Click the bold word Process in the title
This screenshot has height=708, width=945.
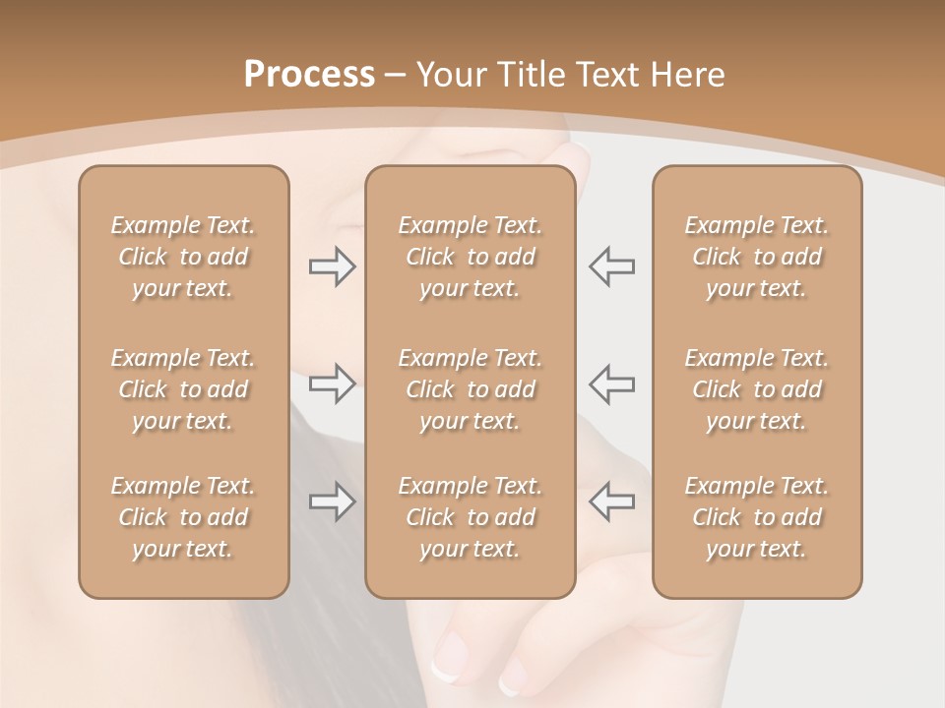click(x=309, y=75)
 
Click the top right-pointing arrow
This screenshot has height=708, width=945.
click(x=332, y=266)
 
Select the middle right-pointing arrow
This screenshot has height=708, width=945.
click(x=332, y=383)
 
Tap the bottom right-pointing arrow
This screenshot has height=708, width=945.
click(x=332, y=501)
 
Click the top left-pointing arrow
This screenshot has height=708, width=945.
click(x=611, y=266)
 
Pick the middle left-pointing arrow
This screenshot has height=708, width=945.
click(x=611, y=383)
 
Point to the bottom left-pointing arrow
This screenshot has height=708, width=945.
click(x=611, y=501)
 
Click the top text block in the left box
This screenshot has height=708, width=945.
click(x=183, y=257)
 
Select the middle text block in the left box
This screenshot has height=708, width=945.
click(x=183, y=389)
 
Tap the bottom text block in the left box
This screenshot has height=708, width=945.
click(x=183, y=517)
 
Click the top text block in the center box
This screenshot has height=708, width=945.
click(x=471, y=257)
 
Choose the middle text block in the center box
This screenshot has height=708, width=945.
click(x=471, y=389)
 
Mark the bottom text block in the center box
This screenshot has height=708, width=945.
click(x=471, y=517)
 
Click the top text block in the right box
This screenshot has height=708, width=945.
click(x=757, y=257)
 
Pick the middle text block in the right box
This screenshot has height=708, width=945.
click(x=757, y=389)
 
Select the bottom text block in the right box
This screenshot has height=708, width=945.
click(x=757, y=517)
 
